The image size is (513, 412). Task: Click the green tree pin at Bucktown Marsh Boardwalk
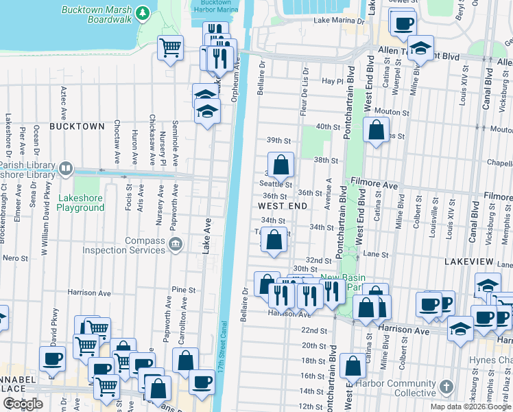coord(142,12)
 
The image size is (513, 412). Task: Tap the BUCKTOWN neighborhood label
coord(77,126)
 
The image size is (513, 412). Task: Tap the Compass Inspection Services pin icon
coord(175,243)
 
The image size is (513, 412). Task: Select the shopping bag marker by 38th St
coord(281,165)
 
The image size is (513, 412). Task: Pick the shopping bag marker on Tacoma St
coord(274,240)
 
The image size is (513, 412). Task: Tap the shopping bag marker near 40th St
coord(376,130)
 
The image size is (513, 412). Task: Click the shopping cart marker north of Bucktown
coord(170,47)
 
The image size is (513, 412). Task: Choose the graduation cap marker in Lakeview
coord(488,285)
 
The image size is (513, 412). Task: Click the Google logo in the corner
coord(23,403)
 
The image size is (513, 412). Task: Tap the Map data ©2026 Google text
coord(470,407)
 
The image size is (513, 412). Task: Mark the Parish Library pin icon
coord(65,167)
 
